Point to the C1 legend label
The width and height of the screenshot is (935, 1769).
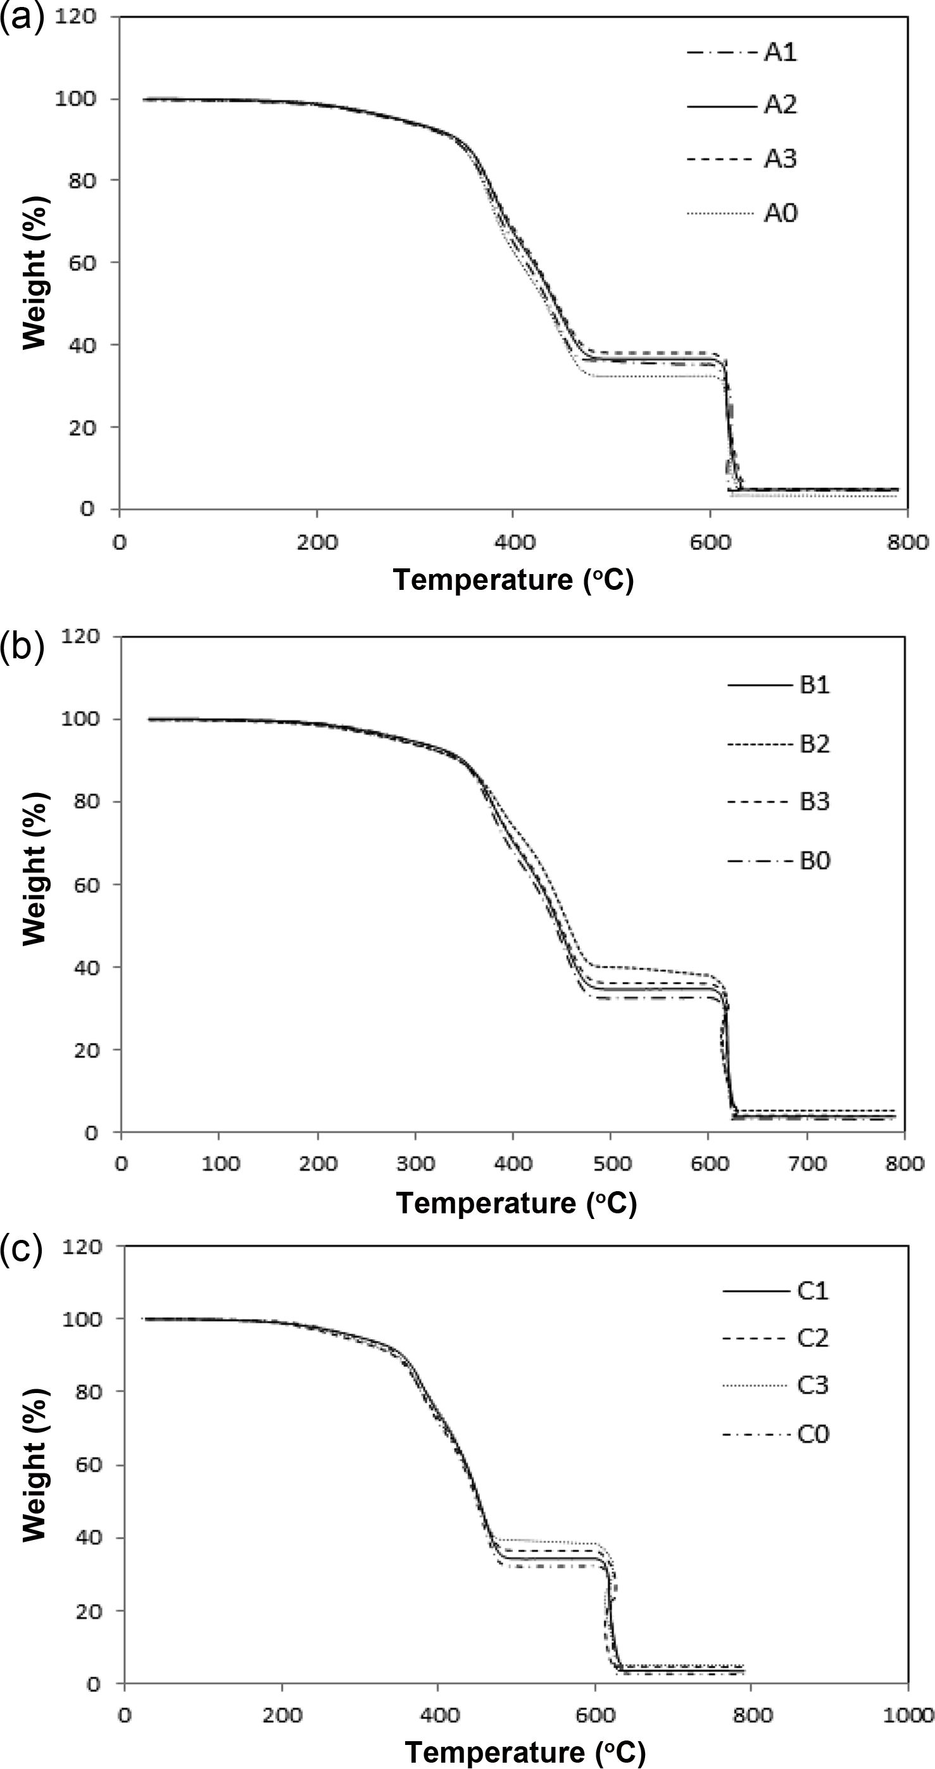tap(812, 1291)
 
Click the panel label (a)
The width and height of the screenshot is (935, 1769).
tap(22, 18)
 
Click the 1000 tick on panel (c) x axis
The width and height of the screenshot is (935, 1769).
tap(908, 1715)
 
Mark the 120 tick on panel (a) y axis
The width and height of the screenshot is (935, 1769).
tap(75, 16)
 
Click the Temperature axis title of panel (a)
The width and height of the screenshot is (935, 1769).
tap(513, 580)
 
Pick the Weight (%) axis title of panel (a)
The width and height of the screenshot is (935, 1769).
tap(34, 272)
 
